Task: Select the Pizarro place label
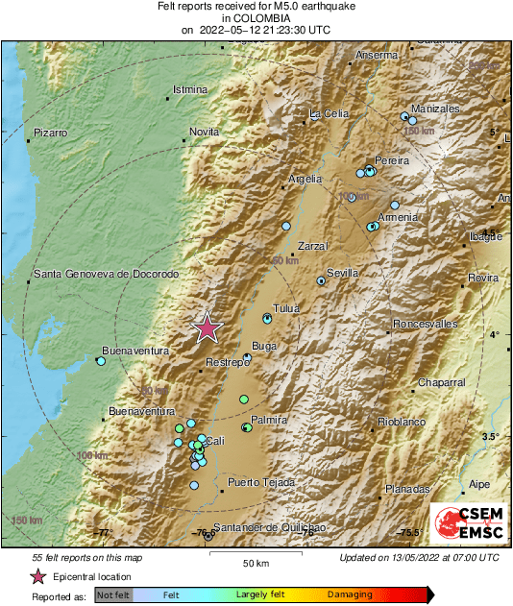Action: [x=51, y=131]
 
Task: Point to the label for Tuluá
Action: [x=287, y=308]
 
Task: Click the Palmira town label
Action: [x=269, y=420]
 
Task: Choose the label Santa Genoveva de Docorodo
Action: [x=107, y=275]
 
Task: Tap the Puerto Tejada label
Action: [x=261, y=482]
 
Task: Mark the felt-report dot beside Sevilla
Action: [x=321, y=280]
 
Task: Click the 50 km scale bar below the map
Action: [x=255, y=555]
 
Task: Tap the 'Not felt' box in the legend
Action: [x=111, y=595]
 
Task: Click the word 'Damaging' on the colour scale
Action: [x=350, y=595]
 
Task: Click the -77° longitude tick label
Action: [x=103, y=532]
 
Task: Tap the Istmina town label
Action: [x=189, y=90]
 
